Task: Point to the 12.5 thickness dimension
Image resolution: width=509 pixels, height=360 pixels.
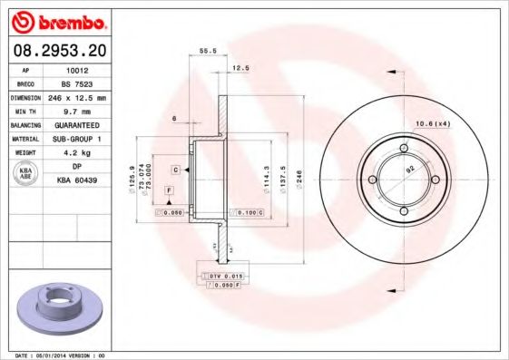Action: click(240, 68)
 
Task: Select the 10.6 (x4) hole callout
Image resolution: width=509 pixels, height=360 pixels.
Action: click(433, 123)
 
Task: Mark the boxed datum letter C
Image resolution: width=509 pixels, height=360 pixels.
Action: click(175, 170)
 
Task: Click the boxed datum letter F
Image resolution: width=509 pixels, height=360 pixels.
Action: click(169, 189)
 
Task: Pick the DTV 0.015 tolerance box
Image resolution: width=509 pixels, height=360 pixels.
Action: click(223, 276)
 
